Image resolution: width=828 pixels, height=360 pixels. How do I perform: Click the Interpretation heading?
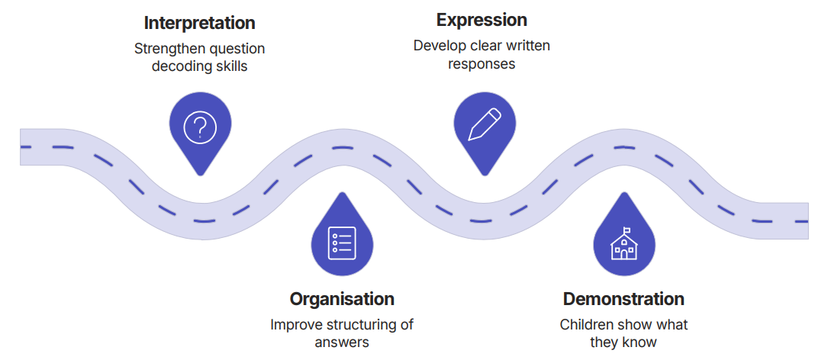199,22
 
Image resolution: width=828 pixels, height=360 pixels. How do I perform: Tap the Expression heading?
482,20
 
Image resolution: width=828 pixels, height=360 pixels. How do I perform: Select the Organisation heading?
342,298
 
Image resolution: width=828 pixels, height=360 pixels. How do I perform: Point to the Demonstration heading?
623,298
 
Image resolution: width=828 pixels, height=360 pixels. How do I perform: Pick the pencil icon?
485,124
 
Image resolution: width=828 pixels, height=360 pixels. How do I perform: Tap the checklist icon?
342,243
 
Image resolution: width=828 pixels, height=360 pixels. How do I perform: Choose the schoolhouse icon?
623,244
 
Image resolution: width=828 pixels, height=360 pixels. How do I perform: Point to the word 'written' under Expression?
524,45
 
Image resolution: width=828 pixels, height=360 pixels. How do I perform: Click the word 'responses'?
482,63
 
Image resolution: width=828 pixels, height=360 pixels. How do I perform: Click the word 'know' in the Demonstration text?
640,342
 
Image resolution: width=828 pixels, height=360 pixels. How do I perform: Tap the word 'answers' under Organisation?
342,342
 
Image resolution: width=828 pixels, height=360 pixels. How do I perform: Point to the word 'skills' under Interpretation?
230,66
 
